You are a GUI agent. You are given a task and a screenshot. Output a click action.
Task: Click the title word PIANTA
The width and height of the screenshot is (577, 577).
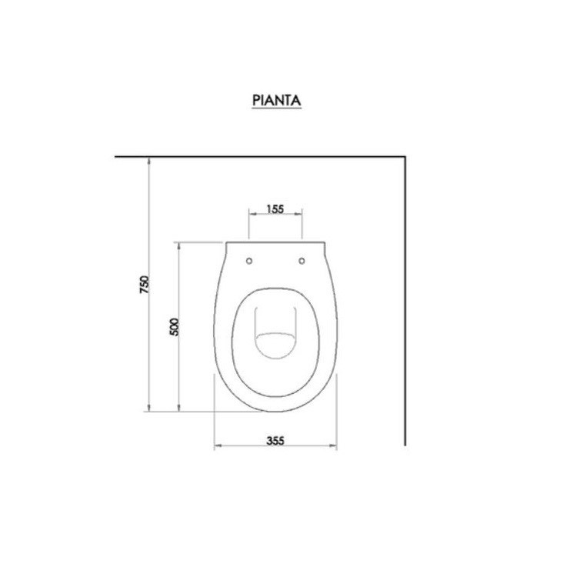(275, 100)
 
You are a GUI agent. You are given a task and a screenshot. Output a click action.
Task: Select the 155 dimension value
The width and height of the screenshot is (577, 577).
(275, 208)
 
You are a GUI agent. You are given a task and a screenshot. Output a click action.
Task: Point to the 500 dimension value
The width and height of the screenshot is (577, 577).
(174, 326)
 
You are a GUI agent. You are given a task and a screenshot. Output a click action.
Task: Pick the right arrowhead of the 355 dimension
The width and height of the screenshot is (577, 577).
(335, 445)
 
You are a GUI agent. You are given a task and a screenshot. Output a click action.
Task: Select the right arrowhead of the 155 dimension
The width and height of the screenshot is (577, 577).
(301, 215)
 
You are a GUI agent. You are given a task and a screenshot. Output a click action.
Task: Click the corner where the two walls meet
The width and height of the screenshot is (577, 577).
(405, 157)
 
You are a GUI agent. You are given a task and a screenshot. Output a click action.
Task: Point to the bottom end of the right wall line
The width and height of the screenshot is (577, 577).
(405, 444)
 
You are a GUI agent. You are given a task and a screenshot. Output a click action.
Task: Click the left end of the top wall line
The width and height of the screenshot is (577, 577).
(116, 157)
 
